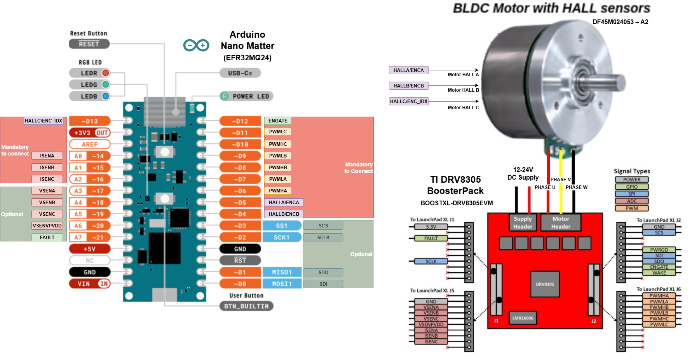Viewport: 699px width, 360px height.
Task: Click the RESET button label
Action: (89, 44)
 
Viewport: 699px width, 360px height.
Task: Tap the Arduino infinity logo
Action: (196, 45)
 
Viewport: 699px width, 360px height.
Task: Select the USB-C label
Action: (240, 73)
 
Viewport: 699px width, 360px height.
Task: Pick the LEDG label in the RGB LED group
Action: (89, 85)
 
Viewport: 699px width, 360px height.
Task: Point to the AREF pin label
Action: (89, 144)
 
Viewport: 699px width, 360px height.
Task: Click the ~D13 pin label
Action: (89, 121)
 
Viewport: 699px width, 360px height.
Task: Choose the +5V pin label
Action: (89, 249)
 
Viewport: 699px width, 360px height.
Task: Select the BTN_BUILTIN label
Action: (246, 306)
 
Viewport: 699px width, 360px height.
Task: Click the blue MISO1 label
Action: (282, 272)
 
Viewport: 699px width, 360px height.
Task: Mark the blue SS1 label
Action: (282, 225)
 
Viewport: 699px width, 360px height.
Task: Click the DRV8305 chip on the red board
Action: (545, 284)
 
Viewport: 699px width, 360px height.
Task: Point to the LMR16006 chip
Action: (523, 318)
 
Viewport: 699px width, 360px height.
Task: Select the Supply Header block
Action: (523, 223)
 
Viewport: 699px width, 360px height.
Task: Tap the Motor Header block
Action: (561, 223)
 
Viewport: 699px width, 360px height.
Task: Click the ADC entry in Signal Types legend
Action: (632, 201)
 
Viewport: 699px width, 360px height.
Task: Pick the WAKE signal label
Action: (659, 273)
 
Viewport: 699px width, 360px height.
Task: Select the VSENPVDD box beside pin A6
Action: (47, 225)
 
